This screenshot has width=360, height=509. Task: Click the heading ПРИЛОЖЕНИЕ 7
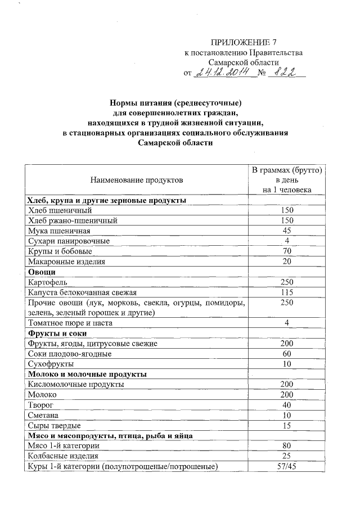pyautogui.click(x=244, y=43)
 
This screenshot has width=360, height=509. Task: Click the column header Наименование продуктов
pyautogui.click(x=136, y=180)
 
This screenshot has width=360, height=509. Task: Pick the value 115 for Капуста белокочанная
pyautogui.click(x=287, y=292)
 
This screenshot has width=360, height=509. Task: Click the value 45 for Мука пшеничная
pyautogui.click(x=287, y=231)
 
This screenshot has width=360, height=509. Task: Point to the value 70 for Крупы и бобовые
pyautogui.click(x=287, y=251)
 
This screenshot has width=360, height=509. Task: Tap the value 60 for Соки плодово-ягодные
pyautogui.click(x=287, y=354)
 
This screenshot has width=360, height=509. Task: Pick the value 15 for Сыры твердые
pyautogui.click(x=287, y=425)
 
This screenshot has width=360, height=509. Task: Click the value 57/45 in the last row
pyautogui.click(x=287, y=466)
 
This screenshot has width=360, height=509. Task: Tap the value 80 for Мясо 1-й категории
pyautogui.click(x=287, y=446)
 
